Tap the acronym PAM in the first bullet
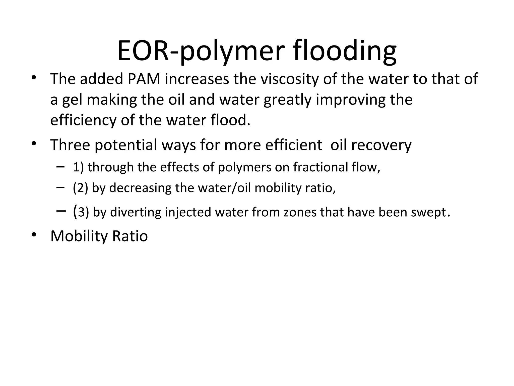coord(144,79)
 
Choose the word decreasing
coord(140,188)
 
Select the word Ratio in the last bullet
coord(130,236)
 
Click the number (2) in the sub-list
coord(80,188)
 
